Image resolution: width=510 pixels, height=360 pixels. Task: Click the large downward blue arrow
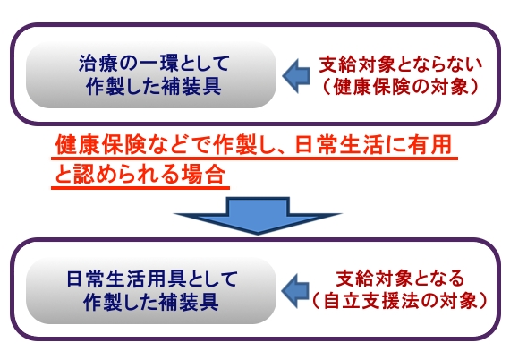[258, 215]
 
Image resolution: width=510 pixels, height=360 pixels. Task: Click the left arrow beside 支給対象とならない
[296, 76]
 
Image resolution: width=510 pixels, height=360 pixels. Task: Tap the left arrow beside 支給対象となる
[295, 291]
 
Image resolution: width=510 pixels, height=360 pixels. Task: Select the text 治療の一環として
[154, 64]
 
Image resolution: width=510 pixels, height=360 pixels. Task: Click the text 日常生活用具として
[152, 279]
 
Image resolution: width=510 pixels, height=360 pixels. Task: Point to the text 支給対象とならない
[400, 64]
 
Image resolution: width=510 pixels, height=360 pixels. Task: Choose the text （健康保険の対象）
[400, 87]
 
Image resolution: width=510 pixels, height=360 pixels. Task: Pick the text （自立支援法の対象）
[400, 301]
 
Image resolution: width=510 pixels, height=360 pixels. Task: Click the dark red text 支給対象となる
[400, 279]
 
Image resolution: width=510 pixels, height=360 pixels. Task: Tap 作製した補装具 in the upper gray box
[154, 87]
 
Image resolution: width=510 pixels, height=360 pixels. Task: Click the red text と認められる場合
[140, 174]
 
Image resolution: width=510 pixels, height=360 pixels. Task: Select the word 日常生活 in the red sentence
[338, 144]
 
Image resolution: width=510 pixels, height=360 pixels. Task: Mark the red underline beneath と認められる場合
[140, 188]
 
